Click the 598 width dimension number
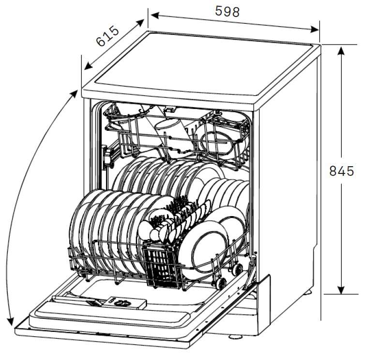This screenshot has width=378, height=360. [227, 11]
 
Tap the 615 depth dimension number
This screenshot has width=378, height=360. [107, 36]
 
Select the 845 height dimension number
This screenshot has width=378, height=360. [342, 171]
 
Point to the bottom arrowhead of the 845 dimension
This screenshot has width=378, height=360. [341, 290]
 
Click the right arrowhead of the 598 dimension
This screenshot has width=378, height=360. [315, 30]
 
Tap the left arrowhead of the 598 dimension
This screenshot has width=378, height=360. [155, 16]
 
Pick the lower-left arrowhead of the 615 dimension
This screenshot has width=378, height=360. [89, 65]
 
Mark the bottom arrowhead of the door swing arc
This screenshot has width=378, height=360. [10, 321]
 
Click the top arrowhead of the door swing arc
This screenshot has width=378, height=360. [74, 94]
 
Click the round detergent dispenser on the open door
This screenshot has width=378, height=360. [124, 303]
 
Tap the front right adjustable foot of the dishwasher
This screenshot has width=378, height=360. [235, 337]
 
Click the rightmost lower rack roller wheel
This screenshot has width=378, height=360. [237, 269]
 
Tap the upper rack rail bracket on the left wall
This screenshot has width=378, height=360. [108, 157]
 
